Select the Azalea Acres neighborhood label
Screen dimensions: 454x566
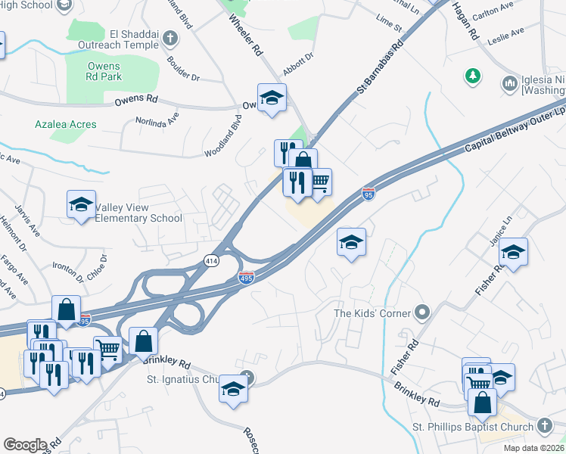[66, 124]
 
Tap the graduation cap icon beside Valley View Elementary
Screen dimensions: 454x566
[81, 204]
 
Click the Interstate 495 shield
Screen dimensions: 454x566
[247, 278]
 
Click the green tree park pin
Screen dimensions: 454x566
[473, 76]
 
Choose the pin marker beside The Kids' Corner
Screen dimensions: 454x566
[422, 313]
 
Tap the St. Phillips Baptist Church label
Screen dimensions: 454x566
[477, 428]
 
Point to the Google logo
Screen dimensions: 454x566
[25, 445]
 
